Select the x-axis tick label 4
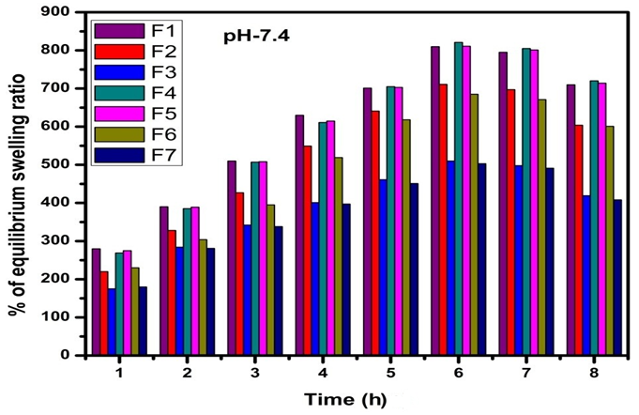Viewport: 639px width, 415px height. pos(323,373)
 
